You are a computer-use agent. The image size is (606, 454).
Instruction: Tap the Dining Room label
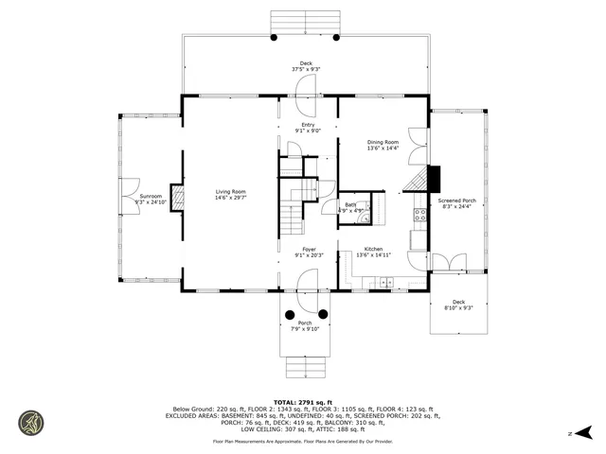383,143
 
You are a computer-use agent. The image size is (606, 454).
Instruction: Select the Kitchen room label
373,249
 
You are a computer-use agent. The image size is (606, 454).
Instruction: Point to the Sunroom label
149,196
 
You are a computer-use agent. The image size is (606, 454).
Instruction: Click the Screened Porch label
455,201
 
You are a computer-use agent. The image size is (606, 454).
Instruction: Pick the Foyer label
309,249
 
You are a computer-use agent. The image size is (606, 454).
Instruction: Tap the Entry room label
308,125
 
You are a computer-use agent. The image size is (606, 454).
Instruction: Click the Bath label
350,204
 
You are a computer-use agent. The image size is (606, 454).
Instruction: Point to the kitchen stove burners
418,217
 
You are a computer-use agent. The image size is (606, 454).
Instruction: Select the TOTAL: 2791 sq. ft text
304,402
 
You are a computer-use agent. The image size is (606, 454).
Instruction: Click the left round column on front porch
288,313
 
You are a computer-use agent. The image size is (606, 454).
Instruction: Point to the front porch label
304,323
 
